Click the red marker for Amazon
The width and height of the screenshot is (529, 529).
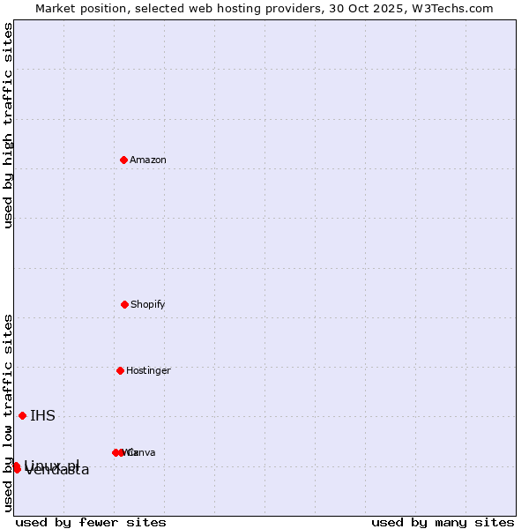[x=123, y=160]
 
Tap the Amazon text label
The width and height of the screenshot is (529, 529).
[x=148, y=160]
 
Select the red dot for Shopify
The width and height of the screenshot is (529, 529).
[x=124, y=304]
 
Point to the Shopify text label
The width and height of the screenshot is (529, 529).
[x=148, y=304]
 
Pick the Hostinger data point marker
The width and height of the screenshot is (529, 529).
[x=120, y=370]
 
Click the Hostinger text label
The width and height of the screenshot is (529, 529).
[x=148, y=370]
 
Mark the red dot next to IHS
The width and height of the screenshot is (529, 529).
[x=22, y=415]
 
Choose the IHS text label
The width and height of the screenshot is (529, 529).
[x=42, y=416]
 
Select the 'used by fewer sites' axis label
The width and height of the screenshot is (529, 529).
[x=91, y=522]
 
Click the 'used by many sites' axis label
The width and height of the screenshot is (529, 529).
[x=443, y=522]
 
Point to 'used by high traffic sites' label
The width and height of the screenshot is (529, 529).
[x=8, y=125]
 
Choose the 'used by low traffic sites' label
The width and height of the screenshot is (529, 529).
[x=8, y=413]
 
